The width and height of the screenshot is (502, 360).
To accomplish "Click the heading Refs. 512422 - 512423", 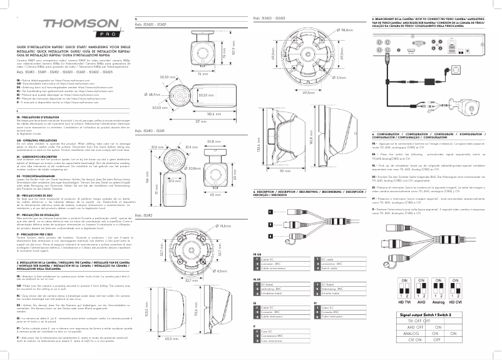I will coord(269,20).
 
